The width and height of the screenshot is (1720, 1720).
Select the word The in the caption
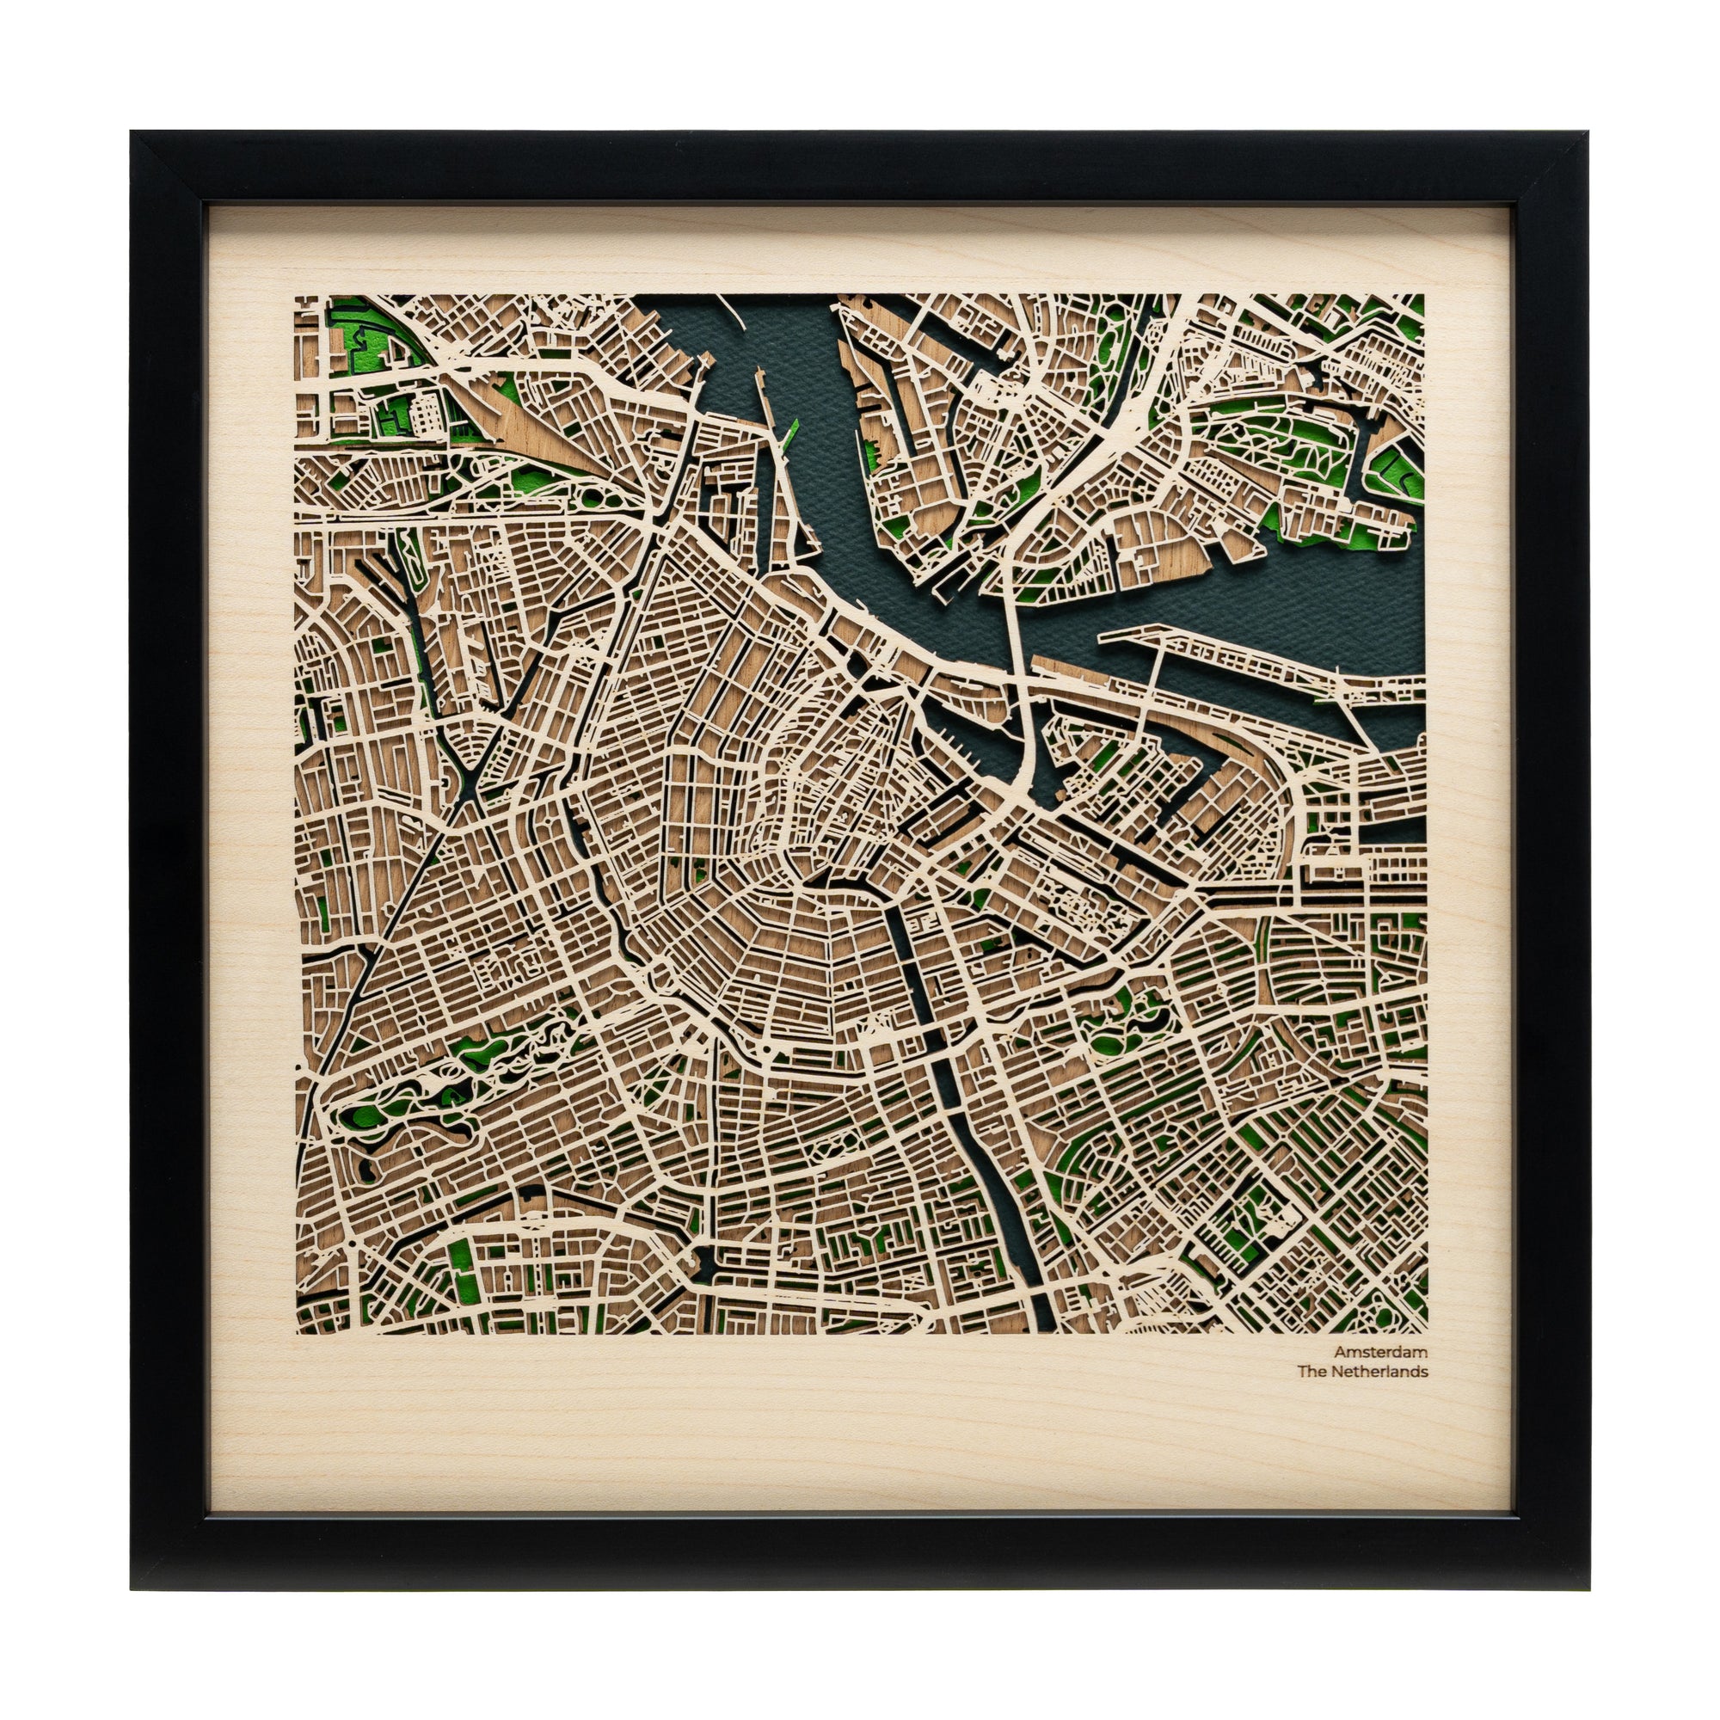coord(1311,1371)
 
